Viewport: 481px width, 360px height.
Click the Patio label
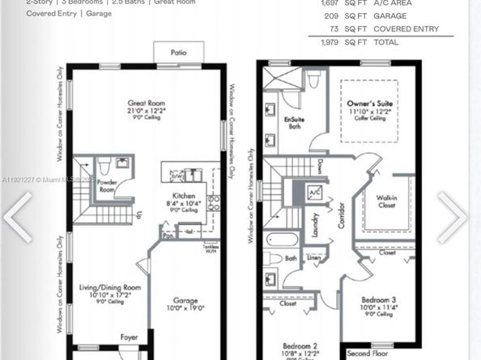point(178,53)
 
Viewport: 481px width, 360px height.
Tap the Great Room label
point(145,103)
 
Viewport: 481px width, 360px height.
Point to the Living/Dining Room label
point(110,287)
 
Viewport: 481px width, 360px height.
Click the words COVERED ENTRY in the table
point(410,29)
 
